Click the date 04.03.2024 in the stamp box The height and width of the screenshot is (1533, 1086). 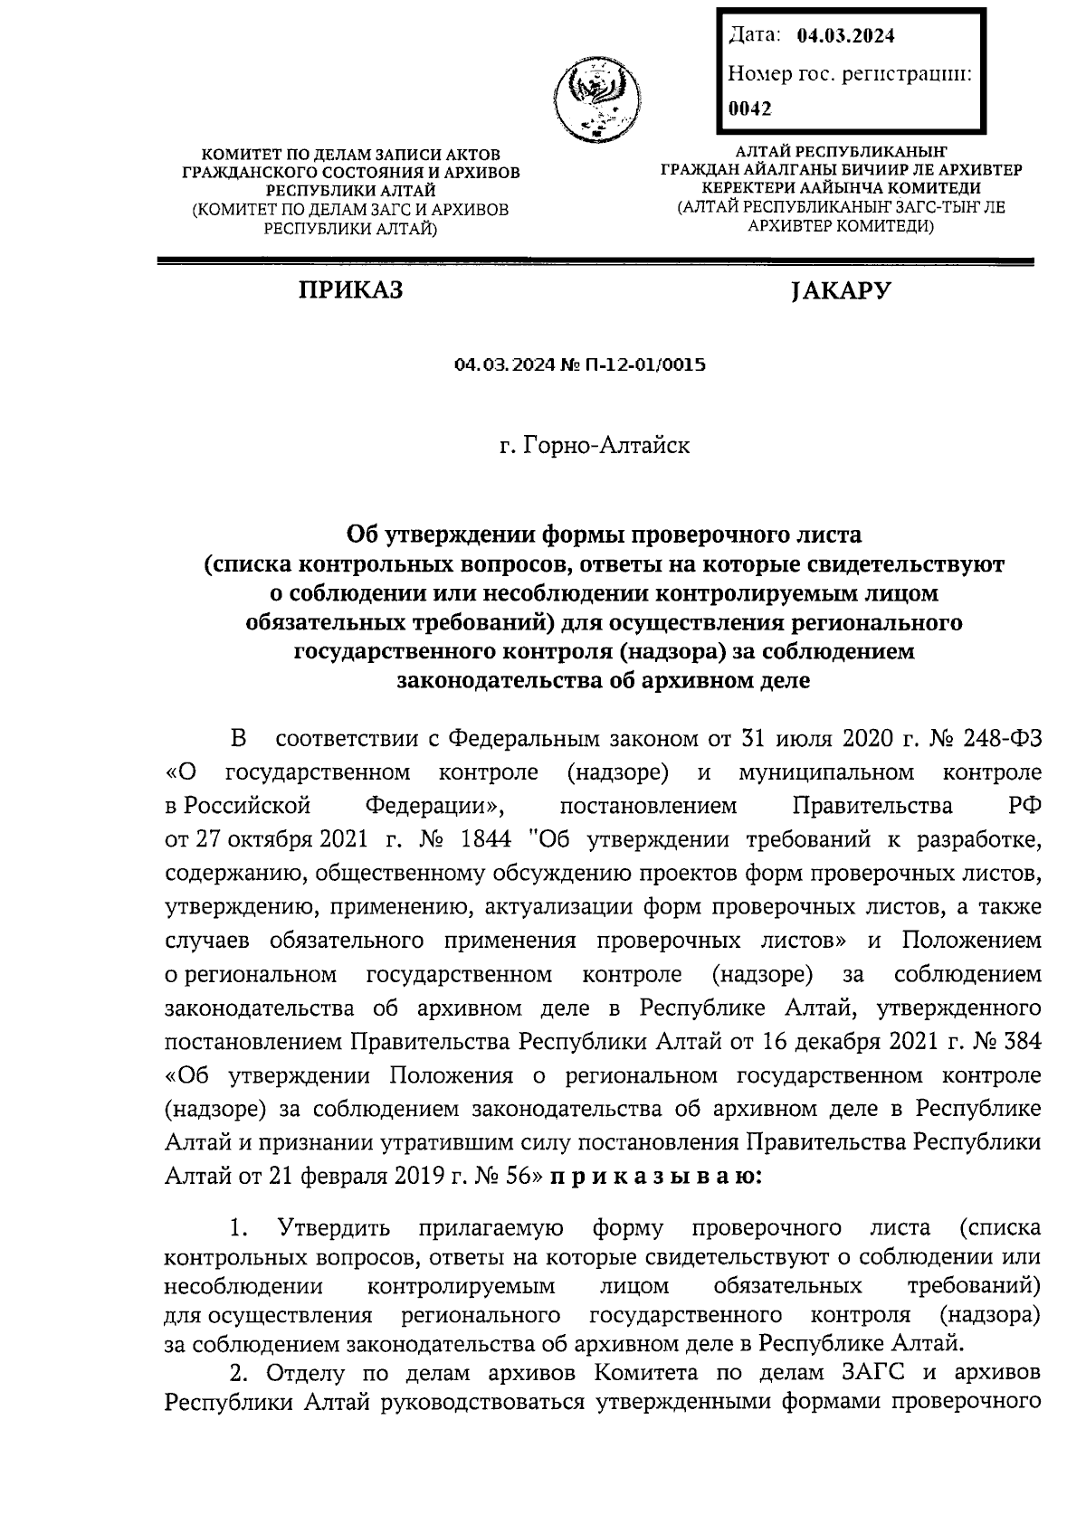[x=846, y=36]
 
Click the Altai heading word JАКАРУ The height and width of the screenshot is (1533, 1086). [x=841, y=290]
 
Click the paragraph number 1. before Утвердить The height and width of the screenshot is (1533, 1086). [x=239, y=1228]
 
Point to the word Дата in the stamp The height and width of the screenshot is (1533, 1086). [x=753, y=36]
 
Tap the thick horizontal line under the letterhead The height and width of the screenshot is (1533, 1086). [x=595, y=261]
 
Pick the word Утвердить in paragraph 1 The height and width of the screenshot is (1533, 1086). [x=335, y=1228]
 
